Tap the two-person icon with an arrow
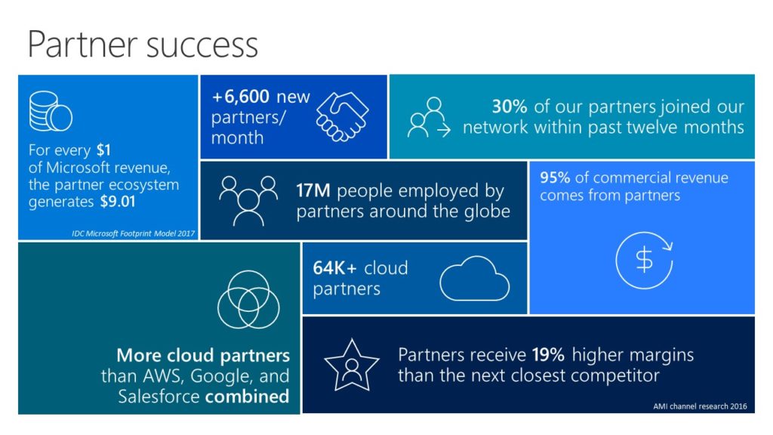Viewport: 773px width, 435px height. coord(428,117)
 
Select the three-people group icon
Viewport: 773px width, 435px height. coord(247,199)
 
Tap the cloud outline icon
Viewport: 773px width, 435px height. coord(474,279)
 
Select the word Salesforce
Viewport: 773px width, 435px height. coord(158,396)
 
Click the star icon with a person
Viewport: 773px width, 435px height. coord(351,365)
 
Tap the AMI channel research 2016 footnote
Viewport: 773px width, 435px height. coord(699,406)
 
